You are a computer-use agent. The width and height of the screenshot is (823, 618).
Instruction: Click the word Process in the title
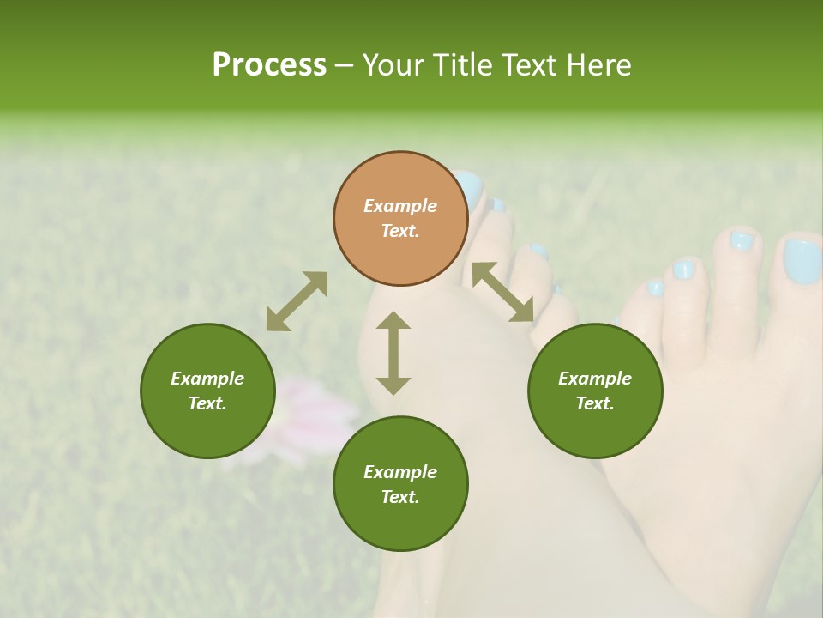click(x=269, y=65)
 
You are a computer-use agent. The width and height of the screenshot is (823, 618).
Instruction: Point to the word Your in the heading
click(x=394, y=65)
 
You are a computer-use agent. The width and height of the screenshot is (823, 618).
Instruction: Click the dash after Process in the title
click(x=345, y=66)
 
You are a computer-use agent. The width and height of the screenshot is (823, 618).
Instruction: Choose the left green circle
click(x=207, y=391)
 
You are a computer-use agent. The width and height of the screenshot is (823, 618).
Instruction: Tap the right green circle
click(x=595, y=391)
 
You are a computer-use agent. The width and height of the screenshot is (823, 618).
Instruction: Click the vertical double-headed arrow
click(x=393, y=353)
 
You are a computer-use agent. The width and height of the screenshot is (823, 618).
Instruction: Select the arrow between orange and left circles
click(x=297, y=301)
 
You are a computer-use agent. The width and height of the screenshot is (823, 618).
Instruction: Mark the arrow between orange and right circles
click(x=502, y=292)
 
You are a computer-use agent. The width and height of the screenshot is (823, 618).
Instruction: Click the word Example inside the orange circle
click(x=400, y=206)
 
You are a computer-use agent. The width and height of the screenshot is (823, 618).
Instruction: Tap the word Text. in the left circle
click(x=207, y=403)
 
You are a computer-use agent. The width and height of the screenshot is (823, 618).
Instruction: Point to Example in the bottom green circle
click(x=400, y=472)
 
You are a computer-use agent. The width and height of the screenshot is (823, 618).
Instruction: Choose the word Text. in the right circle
click(x=595, y=403)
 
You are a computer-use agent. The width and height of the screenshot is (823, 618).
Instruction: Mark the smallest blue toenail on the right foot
click(x=655, y=288)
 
